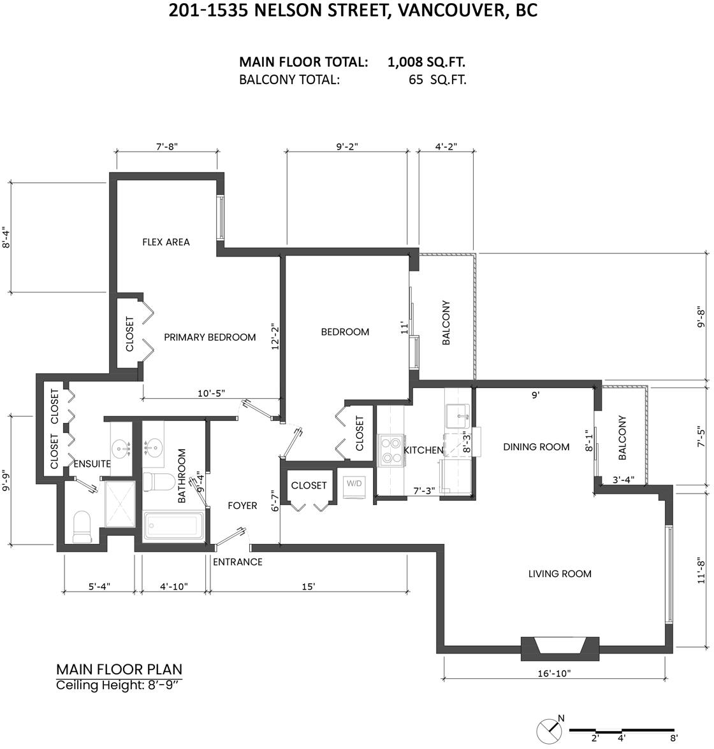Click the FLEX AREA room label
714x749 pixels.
[x=166, y=242]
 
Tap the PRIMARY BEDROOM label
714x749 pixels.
[x=210, y=338]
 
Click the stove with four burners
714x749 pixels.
[x=391, y=450]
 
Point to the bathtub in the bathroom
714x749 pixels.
[x=173, y=526]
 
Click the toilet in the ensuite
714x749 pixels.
[x=82, y=527]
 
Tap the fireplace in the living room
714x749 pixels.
[x=560, y=648]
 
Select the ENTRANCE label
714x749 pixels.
[x=238, y=562]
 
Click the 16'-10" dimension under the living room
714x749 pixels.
[x=554, y=674]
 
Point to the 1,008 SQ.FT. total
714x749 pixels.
[x=426, y=62]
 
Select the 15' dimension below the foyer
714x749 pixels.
[x=309, y=586]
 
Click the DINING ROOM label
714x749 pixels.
[x=536, y=447]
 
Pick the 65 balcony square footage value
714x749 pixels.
[x=416, y=80]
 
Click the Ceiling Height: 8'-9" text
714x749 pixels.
[x=117, y=685]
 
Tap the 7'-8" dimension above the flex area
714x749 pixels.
[x=167, y=146]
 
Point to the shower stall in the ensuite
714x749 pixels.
[x=120, y=504]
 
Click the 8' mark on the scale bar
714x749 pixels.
[x=673, y=738]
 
